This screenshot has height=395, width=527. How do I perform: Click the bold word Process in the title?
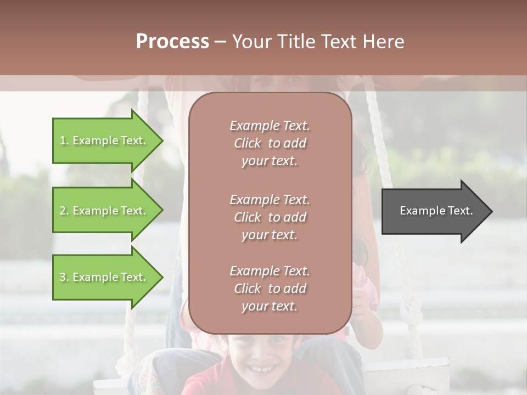point(172,42)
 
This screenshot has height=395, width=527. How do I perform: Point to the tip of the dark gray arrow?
point(491,211)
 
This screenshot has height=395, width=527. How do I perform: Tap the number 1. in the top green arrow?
point(64,140)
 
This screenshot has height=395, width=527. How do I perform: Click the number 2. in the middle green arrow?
point(64,211)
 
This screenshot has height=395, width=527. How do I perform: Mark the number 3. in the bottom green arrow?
point(64,277)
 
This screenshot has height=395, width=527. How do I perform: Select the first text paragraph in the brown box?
point(270,143)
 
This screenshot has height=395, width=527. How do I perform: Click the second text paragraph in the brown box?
point(270,217)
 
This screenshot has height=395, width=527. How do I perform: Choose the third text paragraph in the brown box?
point(270,289)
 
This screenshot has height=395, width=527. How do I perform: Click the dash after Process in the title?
point(220,42)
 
